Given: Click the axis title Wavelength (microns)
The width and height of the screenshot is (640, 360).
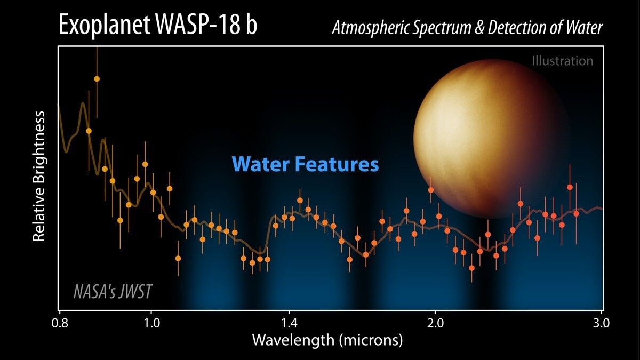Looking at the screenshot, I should pyautogui.click(x=327, y=340).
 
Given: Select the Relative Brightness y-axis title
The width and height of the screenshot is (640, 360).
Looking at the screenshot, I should pyautogui.click(x=39, y=177).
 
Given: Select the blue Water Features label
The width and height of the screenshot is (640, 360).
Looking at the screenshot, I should pyautogui.click(x=305, y=164).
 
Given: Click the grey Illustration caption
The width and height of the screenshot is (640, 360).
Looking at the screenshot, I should pyautogui.click(x=562, y=61).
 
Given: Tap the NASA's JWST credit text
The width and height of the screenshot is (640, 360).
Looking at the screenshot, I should pyautogui.click(x=113, y=292).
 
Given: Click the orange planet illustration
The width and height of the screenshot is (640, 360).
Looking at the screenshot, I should pyautogui.click(x=491, y=139).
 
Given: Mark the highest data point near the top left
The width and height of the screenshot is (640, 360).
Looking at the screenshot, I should pyautogui.click(x=97, y=79).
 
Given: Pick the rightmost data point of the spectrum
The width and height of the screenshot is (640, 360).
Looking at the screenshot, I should pyautogui.click(x=576, y=213).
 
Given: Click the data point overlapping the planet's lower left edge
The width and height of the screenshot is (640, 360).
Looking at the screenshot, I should pyautogui.click(x=431, y=190).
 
